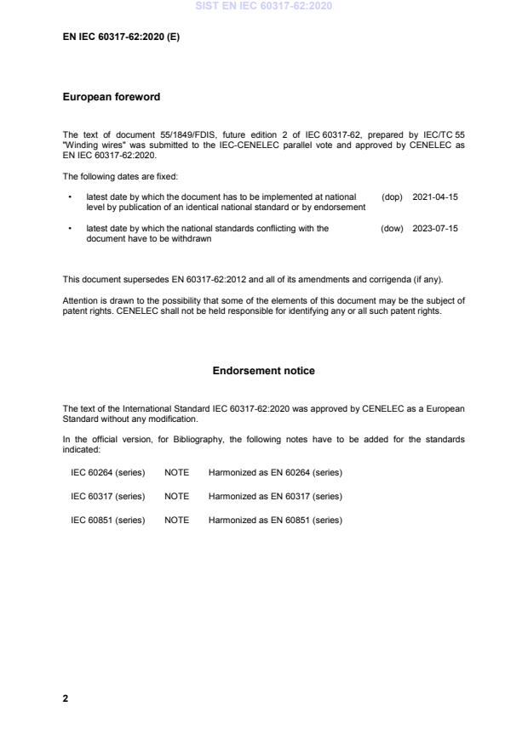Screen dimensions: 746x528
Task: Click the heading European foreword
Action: [x=111, y=97]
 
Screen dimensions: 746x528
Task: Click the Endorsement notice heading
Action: [x=263, y=371]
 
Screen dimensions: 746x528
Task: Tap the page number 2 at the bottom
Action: [x=66, y=698]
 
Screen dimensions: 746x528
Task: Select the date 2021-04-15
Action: [x=435, y=196]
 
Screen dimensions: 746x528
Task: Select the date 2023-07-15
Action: [x=435, y=228]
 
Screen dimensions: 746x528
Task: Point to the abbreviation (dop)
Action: [x=392, y=196]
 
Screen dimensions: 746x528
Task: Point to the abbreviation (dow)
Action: [x=392, y=228]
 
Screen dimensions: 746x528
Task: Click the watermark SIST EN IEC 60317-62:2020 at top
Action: [x=263, y=7]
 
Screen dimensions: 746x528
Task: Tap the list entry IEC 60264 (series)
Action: [x=108, y=472]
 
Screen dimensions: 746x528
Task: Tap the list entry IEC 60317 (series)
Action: [x=108, y=496]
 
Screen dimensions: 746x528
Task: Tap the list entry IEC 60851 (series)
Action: [x=108, y=520]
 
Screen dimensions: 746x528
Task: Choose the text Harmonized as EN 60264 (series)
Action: [x=275, y=472]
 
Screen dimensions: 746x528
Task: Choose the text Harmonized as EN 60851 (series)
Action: [x=275, y=520]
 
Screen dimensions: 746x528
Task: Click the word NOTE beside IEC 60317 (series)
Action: [x=176, y=496]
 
